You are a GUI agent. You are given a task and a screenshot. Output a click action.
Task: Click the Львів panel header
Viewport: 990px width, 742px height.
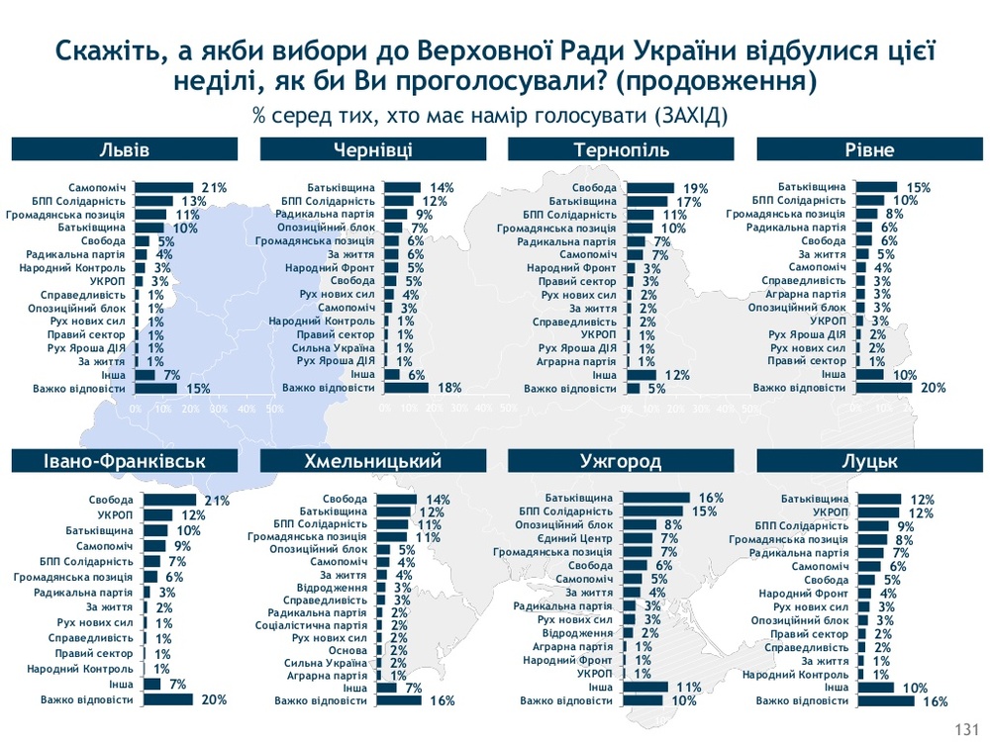click(125, 150)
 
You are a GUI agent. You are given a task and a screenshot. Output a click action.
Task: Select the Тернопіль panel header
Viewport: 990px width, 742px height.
click(621, 150)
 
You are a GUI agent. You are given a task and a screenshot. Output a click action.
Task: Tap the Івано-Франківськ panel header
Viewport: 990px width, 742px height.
click(125, 461)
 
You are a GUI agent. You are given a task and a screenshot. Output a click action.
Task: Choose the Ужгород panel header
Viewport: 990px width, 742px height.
click(621, 461)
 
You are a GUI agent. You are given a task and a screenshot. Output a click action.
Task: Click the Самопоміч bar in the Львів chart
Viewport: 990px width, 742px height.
click(164, 187)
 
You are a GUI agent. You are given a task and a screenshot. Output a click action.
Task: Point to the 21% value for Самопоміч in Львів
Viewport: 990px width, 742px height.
click(214, 187)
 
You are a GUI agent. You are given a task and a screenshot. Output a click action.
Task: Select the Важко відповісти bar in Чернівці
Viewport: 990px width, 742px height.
click(406, 388)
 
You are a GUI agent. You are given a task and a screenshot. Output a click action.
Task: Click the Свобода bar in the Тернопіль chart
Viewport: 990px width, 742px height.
click(648, 188)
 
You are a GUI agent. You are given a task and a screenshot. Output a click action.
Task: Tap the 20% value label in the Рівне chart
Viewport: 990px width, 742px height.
click(933, 388)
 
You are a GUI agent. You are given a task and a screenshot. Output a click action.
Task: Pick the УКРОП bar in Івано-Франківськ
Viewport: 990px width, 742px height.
click(159, 515)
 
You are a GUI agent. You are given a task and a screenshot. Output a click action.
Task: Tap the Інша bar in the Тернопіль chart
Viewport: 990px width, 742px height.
click(643, 375)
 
